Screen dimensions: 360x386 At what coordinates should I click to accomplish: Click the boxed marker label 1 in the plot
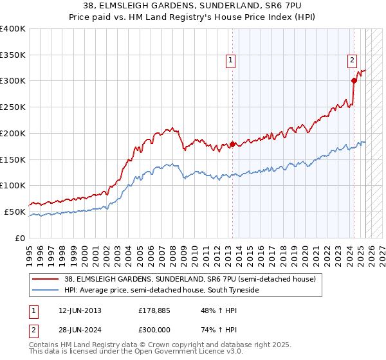[x=230, y=61]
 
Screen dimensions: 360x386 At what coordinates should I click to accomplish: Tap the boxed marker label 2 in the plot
[x=353, y=61]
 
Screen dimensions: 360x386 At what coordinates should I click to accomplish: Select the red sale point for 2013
[x=232, y=144]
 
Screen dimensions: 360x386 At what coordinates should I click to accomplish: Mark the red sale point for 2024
[x=354, y=80]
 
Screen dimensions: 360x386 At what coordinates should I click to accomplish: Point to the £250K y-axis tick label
[x=13, y=107]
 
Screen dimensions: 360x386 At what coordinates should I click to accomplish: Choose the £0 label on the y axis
[x=20, y=238]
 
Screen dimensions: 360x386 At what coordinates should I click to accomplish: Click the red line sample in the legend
[x=46, y=280]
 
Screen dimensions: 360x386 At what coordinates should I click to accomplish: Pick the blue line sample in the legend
[x=46, y=291]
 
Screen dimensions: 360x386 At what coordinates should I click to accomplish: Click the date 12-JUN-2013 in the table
[x=77, y=310]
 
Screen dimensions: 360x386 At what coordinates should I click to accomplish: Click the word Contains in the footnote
[x=44, y=345]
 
